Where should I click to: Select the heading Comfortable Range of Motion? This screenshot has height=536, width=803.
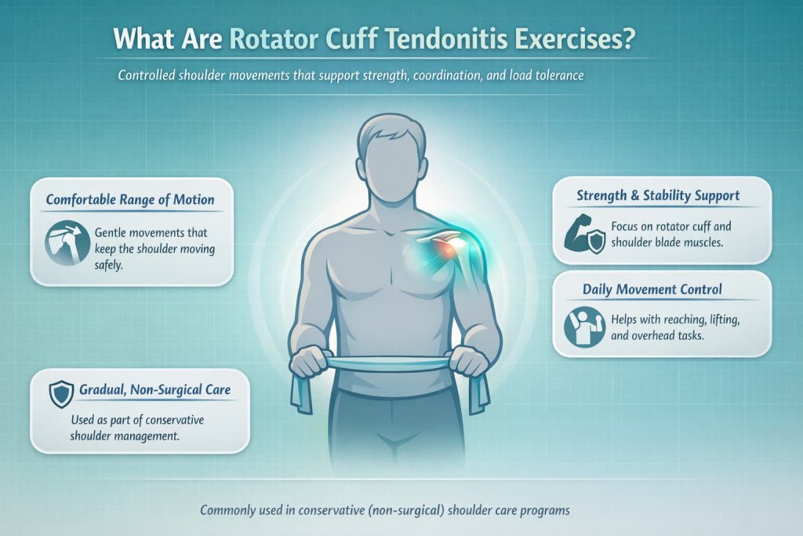(130, 199)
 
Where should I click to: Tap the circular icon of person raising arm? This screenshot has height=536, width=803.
(584, 327)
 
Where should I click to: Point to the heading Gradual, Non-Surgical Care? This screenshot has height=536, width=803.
(154, 390)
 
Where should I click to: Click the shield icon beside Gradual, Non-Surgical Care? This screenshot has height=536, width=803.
(60, 393)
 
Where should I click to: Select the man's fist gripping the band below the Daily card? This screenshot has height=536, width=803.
(468, 360)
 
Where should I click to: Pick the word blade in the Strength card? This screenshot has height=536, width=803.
(681, 243)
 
